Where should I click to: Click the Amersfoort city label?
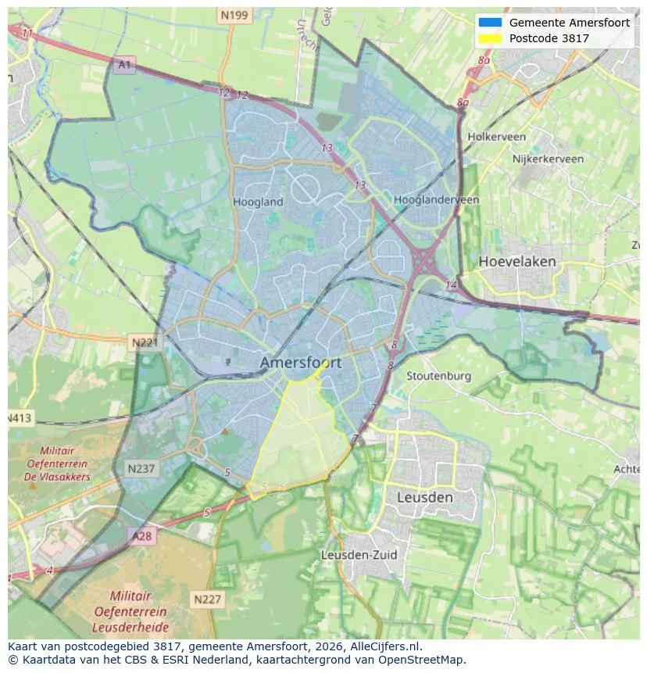point(300,363)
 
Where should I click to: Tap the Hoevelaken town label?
point(517,261)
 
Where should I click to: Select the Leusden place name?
point(424,497)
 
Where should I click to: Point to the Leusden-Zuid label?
point(359,555)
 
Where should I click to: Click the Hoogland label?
point(258,202)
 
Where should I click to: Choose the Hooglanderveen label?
point(436,200)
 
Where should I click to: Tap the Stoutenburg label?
point(438,376)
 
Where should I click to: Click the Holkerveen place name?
point(496,137)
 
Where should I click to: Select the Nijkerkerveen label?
point(548,159)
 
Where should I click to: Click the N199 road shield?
point(234,15)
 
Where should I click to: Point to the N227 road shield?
point(207,600)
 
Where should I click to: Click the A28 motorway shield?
point(141,536)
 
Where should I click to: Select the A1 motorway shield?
point(123,65)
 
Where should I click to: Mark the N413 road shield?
point(20,418)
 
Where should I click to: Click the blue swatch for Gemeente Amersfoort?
point(490,23)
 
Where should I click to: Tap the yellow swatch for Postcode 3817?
point(490,38)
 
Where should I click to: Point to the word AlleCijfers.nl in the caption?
point(383,646)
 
